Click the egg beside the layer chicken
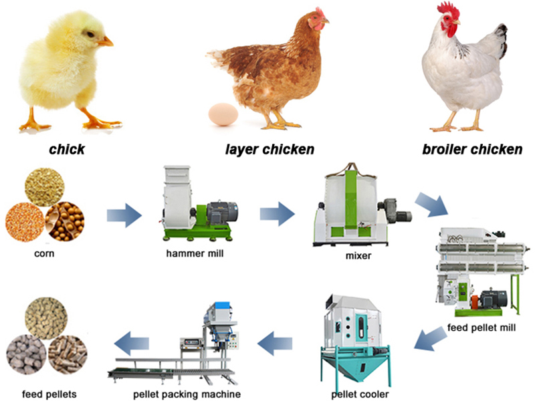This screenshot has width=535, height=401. point(223,114)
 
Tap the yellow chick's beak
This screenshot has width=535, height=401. point(105,41)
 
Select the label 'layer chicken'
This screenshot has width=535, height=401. point(269,149)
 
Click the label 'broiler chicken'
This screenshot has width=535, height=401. point(472,149)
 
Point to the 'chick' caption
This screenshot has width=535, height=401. point(67,149)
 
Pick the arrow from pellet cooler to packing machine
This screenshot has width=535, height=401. point(276,344)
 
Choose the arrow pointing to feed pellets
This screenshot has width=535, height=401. point(131,344)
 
